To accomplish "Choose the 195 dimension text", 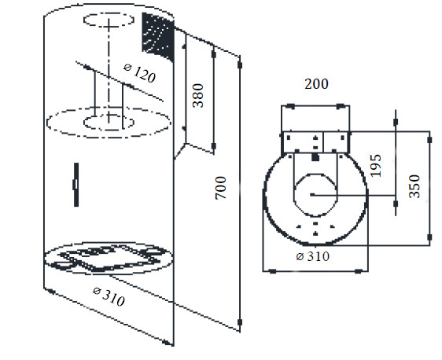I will point(378,165).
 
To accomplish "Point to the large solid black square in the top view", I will point(315,158).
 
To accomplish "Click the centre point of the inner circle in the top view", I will point(312,194).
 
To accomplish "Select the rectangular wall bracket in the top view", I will point(315,142).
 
